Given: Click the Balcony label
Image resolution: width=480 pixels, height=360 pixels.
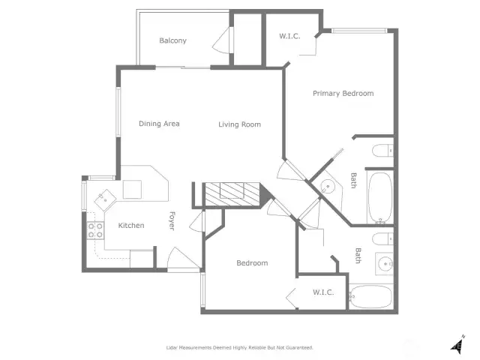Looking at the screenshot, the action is (172, 40).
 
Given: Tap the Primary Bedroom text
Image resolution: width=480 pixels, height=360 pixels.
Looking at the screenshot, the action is (343, 93).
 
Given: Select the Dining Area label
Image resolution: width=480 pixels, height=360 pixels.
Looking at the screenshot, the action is (159, 124).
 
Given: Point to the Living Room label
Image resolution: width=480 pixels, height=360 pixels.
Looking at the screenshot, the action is (240, 124).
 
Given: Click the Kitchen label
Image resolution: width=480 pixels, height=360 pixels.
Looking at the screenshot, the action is (131, 226).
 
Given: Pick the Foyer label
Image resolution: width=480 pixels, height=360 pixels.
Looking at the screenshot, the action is (172, 220).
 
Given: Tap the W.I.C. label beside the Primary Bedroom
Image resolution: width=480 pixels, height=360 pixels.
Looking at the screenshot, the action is (289, 36).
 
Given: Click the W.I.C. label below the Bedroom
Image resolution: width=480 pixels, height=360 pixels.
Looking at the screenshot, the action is (323, 292).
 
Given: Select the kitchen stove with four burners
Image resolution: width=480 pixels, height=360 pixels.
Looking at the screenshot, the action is (95, 230).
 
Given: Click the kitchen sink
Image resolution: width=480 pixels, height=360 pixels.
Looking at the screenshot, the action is (105, 200).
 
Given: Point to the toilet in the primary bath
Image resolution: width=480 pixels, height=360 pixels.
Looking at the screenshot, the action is (382, 151).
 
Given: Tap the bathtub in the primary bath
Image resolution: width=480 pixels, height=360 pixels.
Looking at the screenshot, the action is (380, 198).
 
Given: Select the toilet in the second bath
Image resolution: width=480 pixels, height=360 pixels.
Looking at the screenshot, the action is (382, 238).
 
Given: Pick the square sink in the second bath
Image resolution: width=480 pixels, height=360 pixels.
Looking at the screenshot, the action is (385, 263).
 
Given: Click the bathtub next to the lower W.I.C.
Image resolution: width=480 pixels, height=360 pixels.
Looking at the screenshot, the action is (370, 297).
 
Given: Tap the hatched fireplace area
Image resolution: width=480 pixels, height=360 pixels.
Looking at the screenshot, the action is (232, 194).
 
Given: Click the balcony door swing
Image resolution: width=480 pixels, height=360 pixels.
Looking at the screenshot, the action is (222, 40).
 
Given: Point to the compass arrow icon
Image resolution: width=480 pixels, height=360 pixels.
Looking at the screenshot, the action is (457, 345).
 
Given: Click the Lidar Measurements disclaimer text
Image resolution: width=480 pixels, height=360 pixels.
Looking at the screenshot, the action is (240, 348).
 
